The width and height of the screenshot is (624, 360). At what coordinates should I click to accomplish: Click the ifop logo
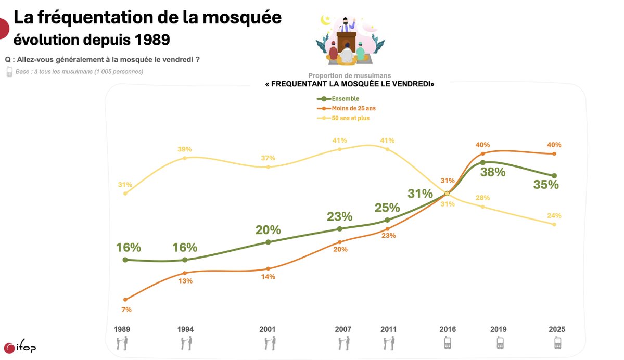coord(20,348)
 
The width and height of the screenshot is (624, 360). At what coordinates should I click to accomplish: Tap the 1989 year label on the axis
coord(122,329)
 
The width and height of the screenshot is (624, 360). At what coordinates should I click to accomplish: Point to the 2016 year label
coord(448,329)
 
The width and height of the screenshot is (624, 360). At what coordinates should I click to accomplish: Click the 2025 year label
coord(557,329)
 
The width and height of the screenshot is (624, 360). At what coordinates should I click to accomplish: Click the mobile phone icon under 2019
coord(500,343)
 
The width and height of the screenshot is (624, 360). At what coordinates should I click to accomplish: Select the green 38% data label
coord(492,172)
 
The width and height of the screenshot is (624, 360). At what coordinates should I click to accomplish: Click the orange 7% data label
coord(126,310)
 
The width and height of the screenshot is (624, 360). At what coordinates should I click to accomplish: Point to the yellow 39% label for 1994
coord(184,149)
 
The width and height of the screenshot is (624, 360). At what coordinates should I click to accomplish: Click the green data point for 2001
coord(268,242)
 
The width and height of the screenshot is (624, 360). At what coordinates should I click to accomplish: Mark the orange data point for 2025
coord(554,153)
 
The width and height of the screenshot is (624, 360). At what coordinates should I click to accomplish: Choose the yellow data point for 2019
coord(483,207)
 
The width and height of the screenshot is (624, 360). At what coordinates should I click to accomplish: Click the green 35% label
coord(545,185)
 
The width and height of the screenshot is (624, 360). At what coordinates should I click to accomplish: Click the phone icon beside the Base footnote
coord(9,72)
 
